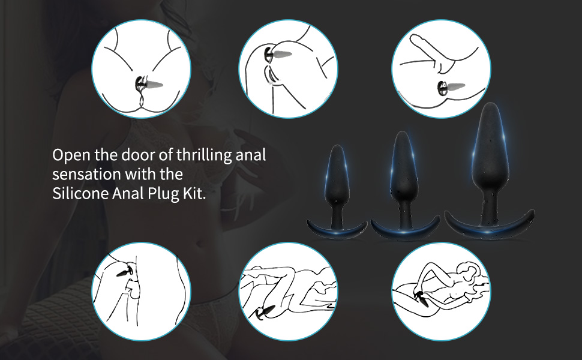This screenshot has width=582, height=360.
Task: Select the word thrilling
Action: click(204, 155)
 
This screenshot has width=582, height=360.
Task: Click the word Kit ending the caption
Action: click(194, 193)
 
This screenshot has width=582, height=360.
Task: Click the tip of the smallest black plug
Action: click(337, 146)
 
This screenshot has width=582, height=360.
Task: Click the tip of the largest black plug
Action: click(491, 104)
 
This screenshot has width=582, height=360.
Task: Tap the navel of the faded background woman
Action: click(201, 245)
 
